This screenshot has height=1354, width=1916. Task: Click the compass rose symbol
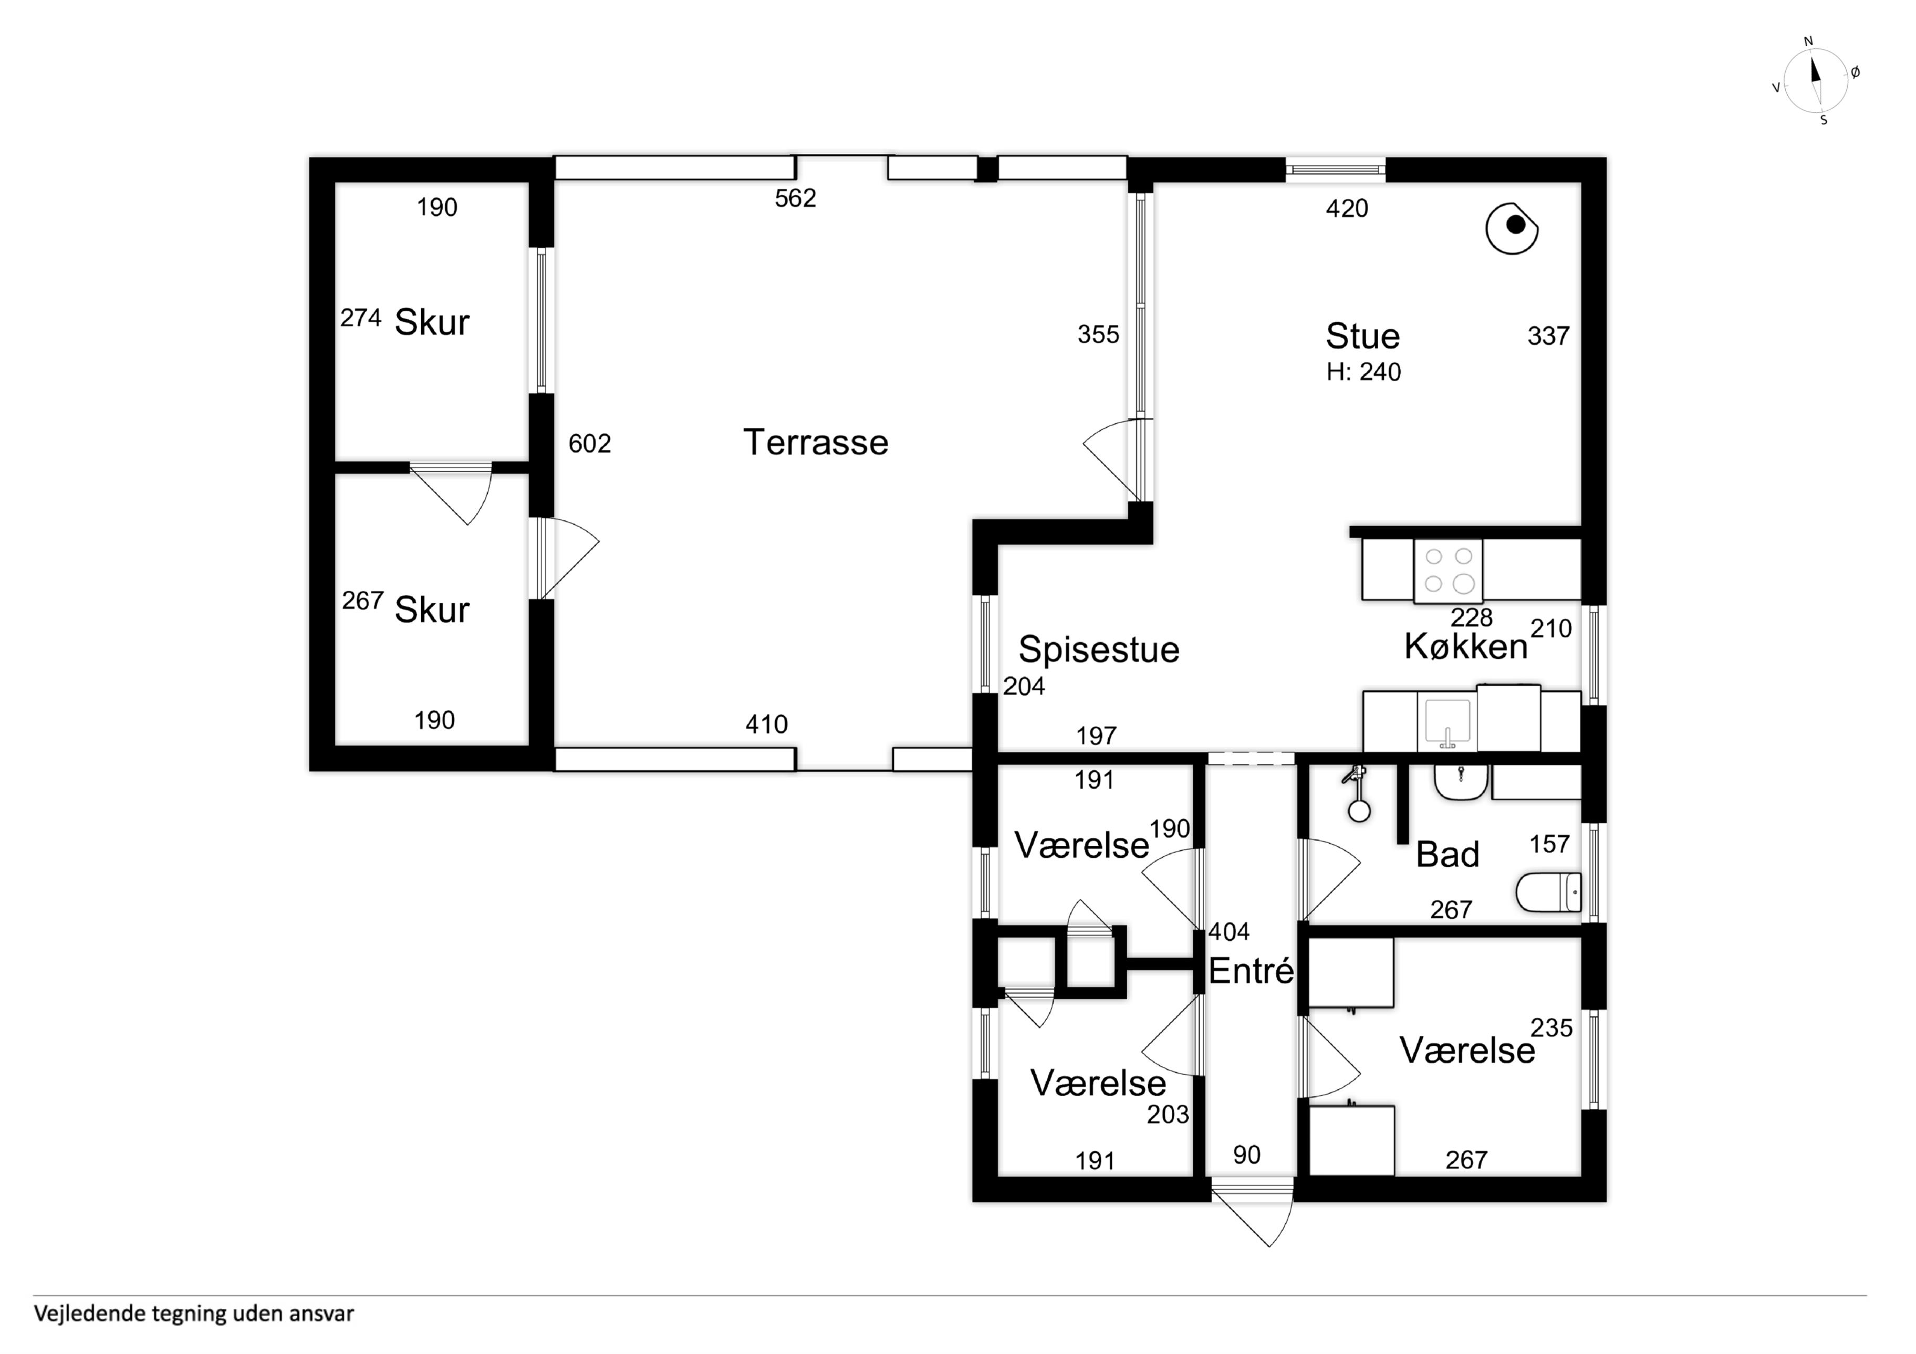click(1816, 81)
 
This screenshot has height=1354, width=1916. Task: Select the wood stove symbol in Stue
click(1511, 228)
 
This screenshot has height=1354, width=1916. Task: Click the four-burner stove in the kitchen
click(1448, 571)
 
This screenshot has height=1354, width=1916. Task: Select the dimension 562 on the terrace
click(795, 198)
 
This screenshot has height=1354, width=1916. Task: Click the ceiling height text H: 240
click(1363, 372)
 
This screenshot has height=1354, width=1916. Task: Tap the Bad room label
click(1448, 855)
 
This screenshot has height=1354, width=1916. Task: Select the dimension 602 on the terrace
click(590, 444)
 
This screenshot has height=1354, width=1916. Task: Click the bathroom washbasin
click(1460, 783)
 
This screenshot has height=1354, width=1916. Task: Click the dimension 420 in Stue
click(1347, 208)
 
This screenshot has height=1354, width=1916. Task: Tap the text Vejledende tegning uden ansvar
click(194, 1314)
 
